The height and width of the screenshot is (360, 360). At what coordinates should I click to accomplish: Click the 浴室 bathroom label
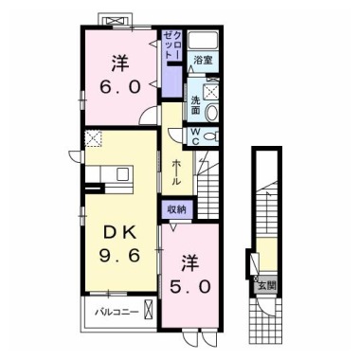click(203, 60)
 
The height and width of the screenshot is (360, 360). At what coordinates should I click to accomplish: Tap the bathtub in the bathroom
click(203, 41)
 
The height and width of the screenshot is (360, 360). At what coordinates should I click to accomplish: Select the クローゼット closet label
click(172, 45)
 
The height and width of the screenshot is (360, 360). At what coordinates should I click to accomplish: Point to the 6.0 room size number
click(120, 86)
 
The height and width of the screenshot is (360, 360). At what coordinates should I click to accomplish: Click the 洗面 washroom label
click(195, 105)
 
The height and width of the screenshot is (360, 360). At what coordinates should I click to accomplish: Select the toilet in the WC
click(211, 136)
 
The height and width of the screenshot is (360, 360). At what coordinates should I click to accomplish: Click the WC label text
click(195, 136)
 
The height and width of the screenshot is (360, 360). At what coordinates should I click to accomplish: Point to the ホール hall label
click(176, 173)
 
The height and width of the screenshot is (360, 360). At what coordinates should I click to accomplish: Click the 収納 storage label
click(176, 209)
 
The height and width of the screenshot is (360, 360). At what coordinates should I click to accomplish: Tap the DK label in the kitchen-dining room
click(119, 234)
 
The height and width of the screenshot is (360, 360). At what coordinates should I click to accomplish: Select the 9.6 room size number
click(119, 255)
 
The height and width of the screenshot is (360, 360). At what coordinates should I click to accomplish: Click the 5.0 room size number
click(190, 287)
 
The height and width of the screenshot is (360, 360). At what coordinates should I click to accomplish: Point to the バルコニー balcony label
click(117, 313)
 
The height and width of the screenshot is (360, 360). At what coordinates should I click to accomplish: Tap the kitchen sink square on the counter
click(123, 174)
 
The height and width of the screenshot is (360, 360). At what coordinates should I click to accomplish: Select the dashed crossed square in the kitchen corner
click(93, 139)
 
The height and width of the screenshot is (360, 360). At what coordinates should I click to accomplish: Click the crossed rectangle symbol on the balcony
click(148, 309)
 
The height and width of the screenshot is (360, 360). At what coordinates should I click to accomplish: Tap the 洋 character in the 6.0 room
click(120, 63)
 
